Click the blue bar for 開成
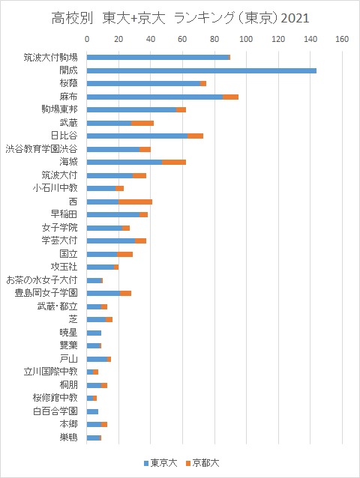[201, 70]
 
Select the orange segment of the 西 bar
[135, 202]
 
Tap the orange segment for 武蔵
[142, 123]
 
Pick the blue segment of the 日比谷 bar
[137, 136]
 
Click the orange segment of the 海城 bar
[174, 162]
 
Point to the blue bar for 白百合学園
[92, 412]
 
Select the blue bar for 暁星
[94, 333]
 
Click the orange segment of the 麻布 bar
[230, 97]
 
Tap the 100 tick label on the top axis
[246, 39]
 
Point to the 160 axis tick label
[342, 39]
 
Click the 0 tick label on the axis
[87, 39]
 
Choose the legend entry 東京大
[160, 463]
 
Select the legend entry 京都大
[202, 463]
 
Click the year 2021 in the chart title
[295, 18]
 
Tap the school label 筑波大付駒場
[51, 57]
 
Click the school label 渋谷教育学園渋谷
[42, 149]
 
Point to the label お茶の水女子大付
[42, 280]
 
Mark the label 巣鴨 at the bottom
[69, 438]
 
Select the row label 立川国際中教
[51, 372]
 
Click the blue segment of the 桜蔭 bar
[143, 84]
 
